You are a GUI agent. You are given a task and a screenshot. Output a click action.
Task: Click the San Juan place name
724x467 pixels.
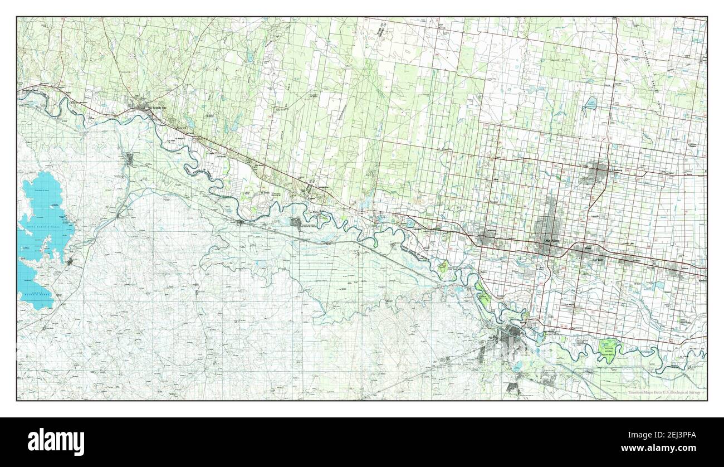598,260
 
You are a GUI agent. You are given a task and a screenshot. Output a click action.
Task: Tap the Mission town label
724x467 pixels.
490,230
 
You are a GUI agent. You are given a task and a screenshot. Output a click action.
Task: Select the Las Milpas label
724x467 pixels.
569,305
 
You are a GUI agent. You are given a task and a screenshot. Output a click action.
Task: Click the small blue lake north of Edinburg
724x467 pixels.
590,104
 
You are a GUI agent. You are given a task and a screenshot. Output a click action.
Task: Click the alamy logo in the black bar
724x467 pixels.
56,441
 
